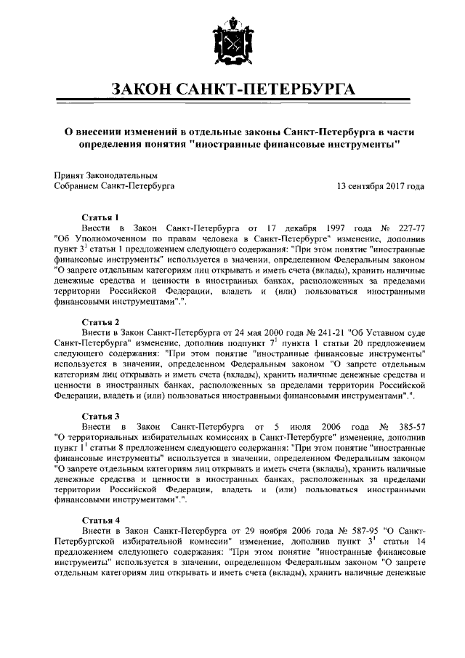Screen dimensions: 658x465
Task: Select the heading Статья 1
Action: tap(100, 217)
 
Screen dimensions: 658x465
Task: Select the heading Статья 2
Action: tap(100, 321)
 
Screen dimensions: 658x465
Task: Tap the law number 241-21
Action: tap(297, 332)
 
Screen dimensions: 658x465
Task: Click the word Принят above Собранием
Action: tap(69, 175)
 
